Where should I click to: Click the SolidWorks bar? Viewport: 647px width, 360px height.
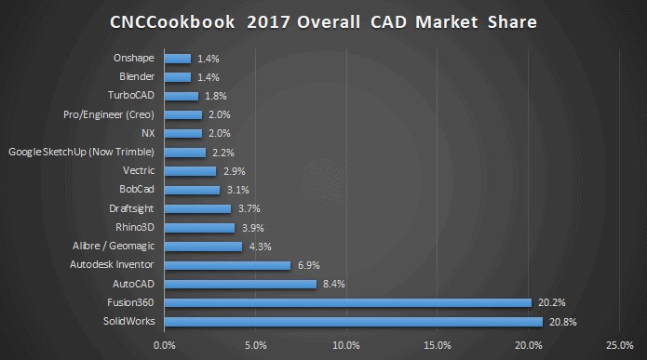coord(353,322)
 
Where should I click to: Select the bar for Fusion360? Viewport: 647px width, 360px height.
coord(348,302)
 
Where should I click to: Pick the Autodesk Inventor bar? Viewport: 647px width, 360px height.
coord(227,265)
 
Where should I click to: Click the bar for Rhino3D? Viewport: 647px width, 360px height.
coord(199,227)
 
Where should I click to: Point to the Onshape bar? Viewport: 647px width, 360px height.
coord(177,58)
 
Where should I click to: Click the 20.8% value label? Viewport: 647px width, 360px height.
coord(560,322)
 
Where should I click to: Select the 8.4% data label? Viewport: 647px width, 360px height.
coord(334,284)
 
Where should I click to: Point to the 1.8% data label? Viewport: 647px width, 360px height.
coord(214,96)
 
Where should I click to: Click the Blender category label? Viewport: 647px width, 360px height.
coord(138,76)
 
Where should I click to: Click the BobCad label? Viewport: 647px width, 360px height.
coord(136,190)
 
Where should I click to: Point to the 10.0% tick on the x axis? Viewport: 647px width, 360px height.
coord(346,347)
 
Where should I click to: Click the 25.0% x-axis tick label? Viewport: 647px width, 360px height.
coord(618,347)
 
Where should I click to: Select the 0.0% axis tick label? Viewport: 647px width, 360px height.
coord(165,347)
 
